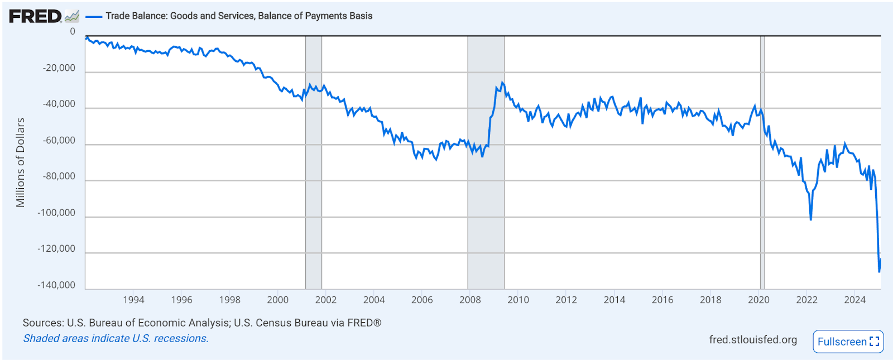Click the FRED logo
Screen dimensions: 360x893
click(x=35, y=16)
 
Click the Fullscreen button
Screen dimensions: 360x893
click(x=848, y=342)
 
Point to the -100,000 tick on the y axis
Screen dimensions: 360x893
click(x=56, y=213)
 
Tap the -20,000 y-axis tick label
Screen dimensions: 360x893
click(x=59, y=68)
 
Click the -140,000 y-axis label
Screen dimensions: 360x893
click(x=56, y=285)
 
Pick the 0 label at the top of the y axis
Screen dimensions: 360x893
click(x=73, y=32)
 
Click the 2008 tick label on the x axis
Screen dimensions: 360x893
click(x=470, y=300)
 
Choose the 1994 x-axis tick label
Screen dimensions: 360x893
click(x=133, y=300)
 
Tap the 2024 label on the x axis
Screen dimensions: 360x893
click(x=854, y=300)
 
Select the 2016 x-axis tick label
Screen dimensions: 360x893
click(x=662, y=300)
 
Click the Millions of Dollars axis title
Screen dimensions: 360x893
click(x=21, y=162)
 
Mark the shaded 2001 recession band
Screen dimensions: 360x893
click(x=313, y=162)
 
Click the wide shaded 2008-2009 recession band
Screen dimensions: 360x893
click(x=486, y=162)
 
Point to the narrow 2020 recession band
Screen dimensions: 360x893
click(x=762, y=162)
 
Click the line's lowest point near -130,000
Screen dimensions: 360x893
click(x=879, y=272)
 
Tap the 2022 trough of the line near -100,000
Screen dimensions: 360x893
click(x=810, y=219)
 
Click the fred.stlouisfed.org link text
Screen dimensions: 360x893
click(x=753, y=340)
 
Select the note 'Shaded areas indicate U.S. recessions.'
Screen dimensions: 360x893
click(x=116, y=338)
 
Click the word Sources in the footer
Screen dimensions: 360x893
click(x=42, y=323)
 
